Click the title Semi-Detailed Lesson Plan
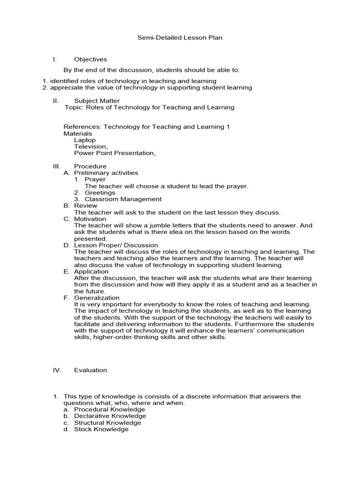tap(180, 37)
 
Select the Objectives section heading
tap(90, 59)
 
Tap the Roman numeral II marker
tap(55, 101)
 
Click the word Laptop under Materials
tap(85, 140)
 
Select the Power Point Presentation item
tap(114, 153)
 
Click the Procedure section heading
tap(90, 166)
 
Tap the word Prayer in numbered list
tap(95, 179)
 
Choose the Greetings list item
tap(100, 192)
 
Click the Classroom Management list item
tap(123, 199)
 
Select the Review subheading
tap(86, 205)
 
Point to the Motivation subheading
tap(90, 218)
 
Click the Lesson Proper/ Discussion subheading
tap(116, 245)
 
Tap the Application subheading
tap(91, 271)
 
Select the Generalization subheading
tap(97, 297)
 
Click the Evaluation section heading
tap(90, 370)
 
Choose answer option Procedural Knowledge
tap(110, 409)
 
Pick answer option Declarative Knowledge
tap(110, 416)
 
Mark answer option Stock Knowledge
tap(101, 429)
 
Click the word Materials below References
tap(78, 133)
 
